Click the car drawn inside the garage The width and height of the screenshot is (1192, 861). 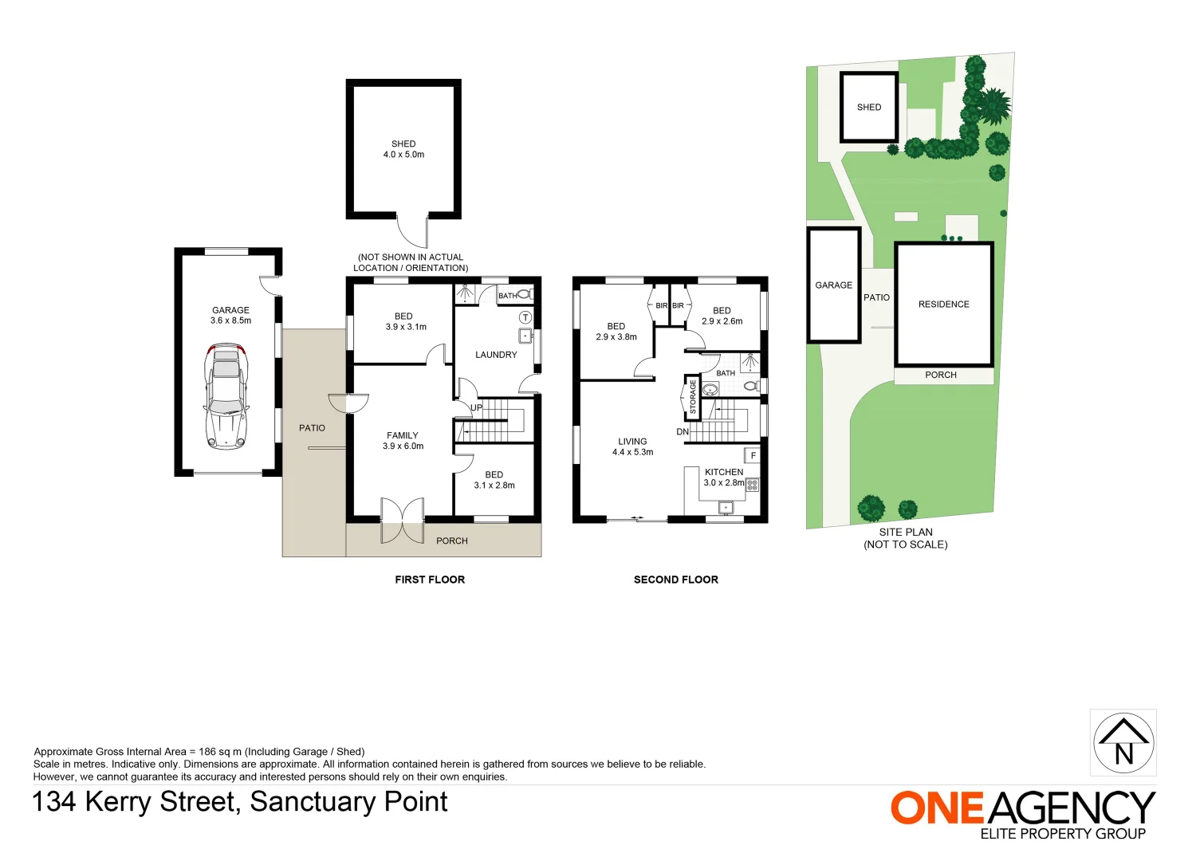click(226, 396)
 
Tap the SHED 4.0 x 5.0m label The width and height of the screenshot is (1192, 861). click(403, 149)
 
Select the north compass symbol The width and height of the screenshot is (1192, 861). click(1123, 743)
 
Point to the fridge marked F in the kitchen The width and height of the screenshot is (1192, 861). click(752, 455)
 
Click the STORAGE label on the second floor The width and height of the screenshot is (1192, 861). click(692, 396)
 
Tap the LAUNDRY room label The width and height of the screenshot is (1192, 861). click(496, 355)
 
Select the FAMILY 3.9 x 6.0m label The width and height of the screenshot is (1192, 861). click(403, 441)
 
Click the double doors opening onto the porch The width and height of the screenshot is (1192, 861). click(403, 521)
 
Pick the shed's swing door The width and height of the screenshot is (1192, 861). click(413, 232)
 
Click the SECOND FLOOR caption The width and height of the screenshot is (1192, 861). click(675, 580)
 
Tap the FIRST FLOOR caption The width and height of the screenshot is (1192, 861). click(430, 580)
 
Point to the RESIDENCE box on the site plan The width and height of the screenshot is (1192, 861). click(943, 304)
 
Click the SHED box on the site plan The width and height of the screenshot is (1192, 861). click(868, 107)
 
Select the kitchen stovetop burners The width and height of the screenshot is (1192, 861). click(752, 485)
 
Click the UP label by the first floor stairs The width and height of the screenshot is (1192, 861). click(476, 407)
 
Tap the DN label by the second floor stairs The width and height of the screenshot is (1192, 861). click(683, 431)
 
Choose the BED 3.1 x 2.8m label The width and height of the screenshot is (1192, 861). click(494, 480)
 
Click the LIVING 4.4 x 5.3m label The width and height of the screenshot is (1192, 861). click(632, 446)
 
